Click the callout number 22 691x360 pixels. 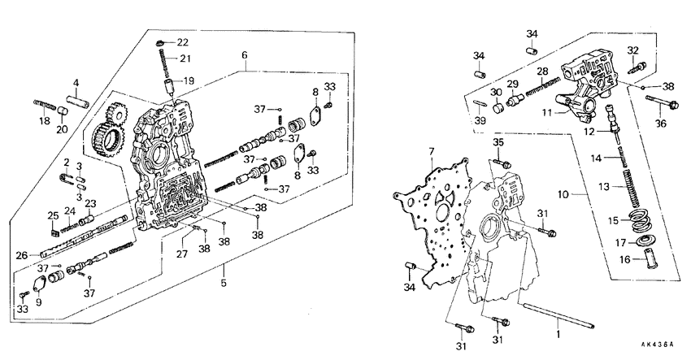pyautogui.click(x=183, y=42)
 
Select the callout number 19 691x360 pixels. pyautogui.click(x=189, y=80)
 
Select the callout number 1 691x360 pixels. pyautogui.click(x=558, y=334)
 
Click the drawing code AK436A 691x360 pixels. pyautogui.click(x=658, y=345)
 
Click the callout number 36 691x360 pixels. pyautogui.click(x=660, y=124)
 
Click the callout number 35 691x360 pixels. pyautogui.click(x=498, y=144)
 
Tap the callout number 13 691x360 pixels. pyautogui.click(x=604, y=186)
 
